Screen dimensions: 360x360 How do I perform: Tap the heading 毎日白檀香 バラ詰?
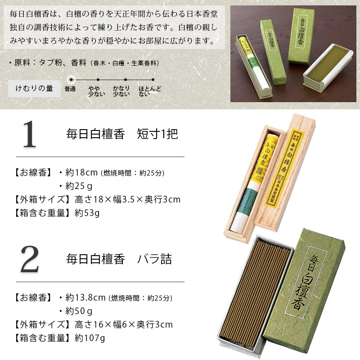119,260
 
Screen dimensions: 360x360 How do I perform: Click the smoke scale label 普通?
70,89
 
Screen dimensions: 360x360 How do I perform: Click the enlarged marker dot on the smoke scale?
71,78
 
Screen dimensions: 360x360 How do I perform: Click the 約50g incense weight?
79,311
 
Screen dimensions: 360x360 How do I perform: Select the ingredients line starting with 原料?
83,63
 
